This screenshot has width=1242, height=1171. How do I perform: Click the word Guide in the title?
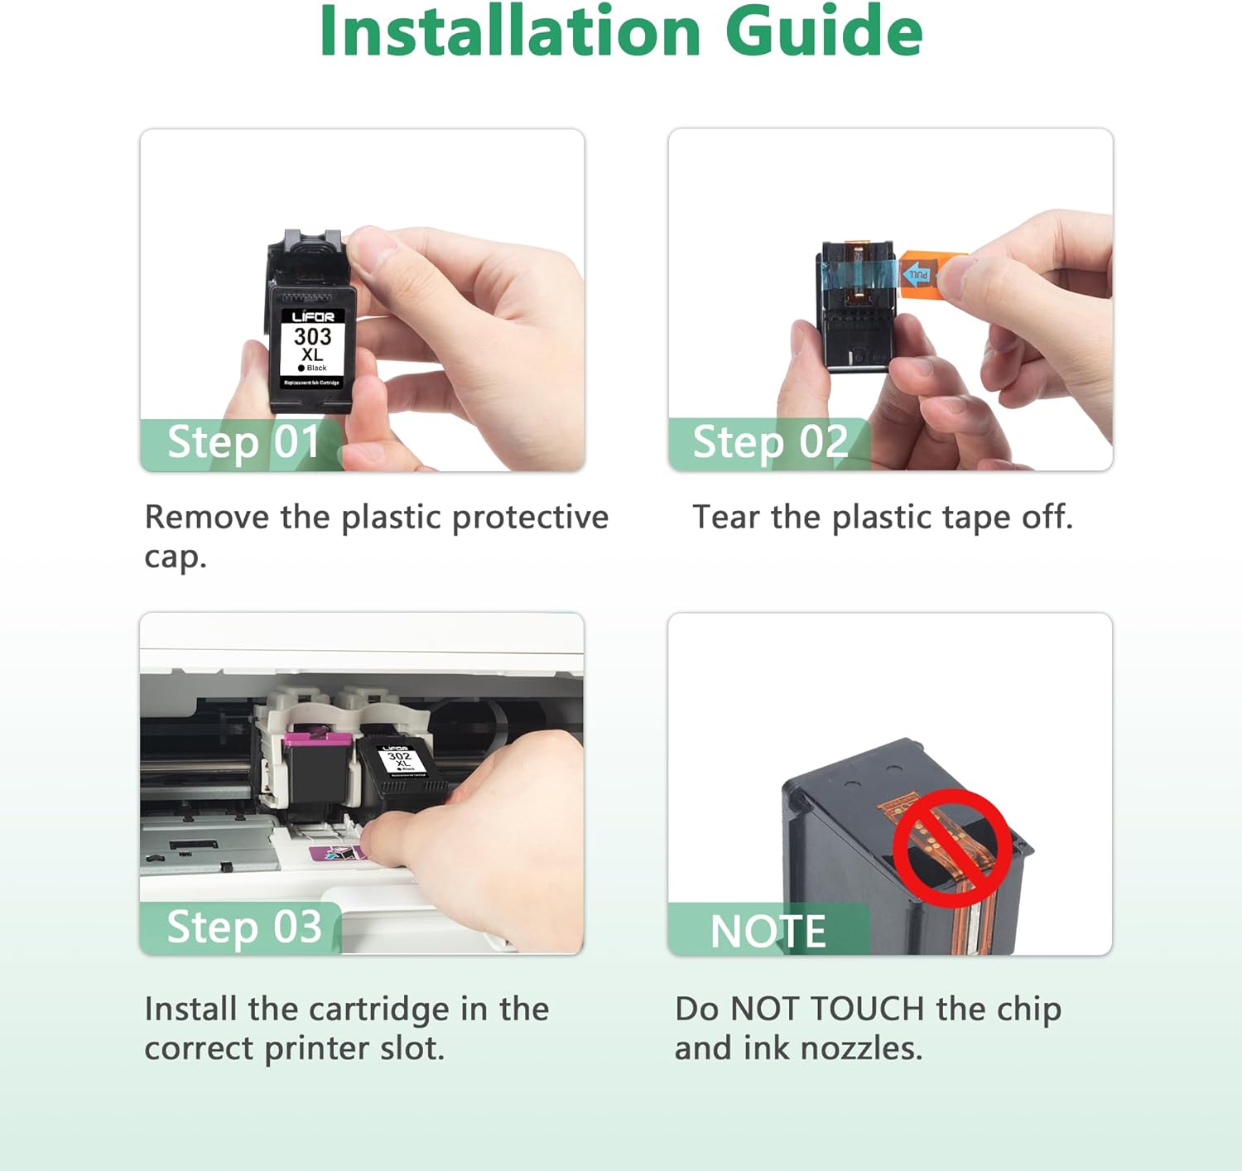click(x=823, y=31)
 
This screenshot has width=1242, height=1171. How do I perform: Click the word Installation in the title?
click(x=509, y=31)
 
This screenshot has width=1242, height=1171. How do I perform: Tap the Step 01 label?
click(x=243, y=442)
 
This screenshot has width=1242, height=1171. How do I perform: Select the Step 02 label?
click(x=770, y=442)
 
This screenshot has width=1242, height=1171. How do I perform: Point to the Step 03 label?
click(x=243, y=927)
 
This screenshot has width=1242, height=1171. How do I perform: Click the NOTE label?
click(x=768, y=931)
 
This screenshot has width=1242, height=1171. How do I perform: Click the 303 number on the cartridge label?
click(x=312, y=336)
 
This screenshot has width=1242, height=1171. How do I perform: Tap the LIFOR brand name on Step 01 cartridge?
click(x=313, y=316)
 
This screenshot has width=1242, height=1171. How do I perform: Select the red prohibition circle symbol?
click(x=951, y=846)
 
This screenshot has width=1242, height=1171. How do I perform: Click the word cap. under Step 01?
click(x=175, y=557)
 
